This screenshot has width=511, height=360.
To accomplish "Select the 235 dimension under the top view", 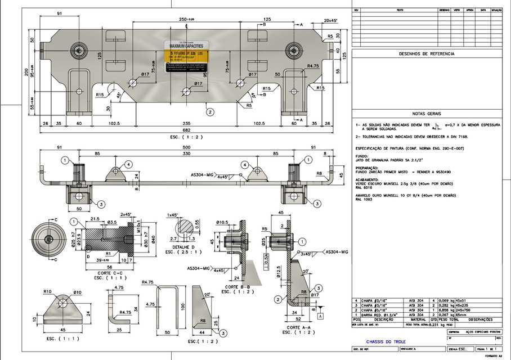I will coord(185,123).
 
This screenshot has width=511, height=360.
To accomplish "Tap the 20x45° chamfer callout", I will coord(330,20).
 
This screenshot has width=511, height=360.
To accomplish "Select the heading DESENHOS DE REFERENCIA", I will coord(426,54).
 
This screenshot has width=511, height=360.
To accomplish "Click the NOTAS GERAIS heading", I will coord(426,112).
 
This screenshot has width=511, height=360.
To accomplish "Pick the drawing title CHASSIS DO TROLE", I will coord(386,341).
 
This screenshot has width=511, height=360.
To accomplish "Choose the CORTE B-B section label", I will coord(237,286).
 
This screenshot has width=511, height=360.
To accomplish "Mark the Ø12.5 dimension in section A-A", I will coord(280,273).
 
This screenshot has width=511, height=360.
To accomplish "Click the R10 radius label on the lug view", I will coord(48,292).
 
